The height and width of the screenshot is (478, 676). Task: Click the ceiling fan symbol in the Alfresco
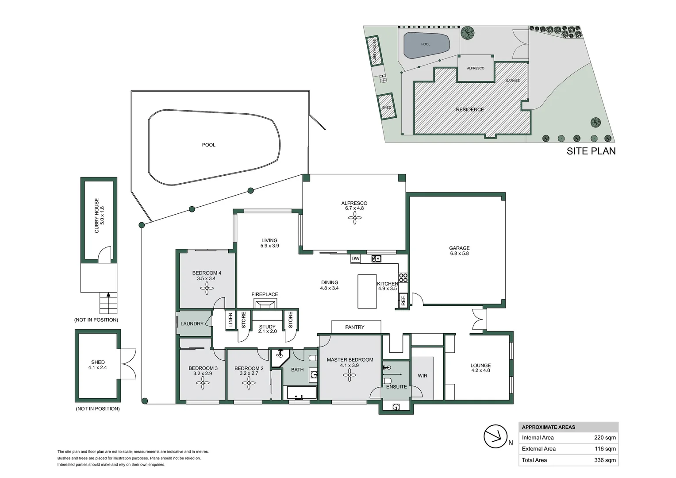tap(354, 217)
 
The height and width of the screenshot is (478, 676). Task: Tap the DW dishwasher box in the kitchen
tap(355, 258)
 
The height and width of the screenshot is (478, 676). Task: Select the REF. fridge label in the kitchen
tap(403, 301)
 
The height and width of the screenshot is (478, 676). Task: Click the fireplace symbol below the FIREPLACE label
tap(265, 304)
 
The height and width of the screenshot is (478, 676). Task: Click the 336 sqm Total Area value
tap(604, 460)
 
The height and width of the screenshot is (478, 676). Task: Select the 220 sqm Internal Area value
tap(604, 438)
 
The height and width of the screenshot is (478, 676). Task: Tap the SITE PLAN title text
tap(591, 151)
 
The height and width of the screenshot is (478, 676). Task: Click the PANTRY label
tap(355, 327)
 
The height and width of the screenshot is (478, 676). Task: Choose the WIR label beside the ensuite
tap(422, 376)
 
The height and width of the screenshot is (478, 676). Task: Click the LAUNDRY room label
tap(192, 324)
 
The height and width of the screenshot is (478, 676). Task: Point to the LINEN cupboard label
tap(230, 320)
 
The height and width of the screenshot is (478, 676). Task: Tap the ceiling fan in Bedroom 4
tap(206, 289)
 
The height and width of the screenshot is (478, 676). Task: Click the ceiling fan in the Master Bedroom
tap(350, 376)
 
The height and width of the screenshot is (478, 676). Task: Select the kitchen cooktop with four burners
tap(403, 278)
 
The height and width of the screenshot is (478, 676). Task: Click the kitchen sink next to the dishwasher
tap(376, 258)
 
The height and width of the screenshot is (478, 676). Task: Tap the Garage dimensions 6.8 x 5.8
tap(459, 254)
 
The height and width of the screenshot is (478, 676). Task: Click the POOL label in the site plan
tap(426, 44)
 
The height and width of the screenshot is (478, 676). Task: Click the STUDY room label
tap(267, 327)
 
